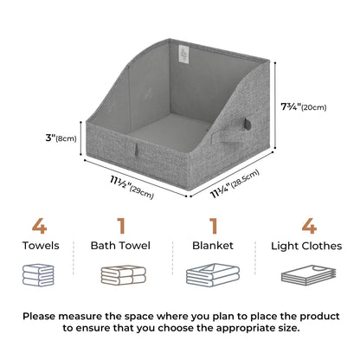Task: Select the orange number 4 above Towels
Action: pyautogui.click(x=39, y=227)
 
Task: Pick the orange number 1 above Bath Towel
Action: pyautogui.click(x=121, y=227)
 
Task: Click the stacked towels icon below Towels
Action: pyautogui.click(x=40, y=275)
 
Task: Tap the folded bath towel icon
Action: pyautogui.click(x=121, y=275)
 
